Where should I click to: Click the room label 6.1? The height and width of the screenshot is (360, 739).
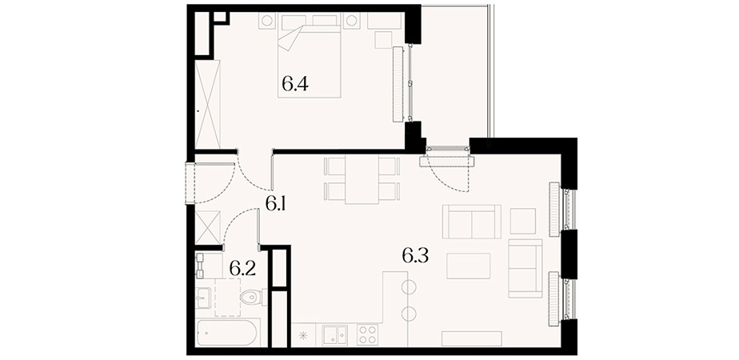pos(276,204)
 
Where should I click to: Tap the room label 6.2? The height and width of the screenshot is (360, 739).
pos(242,269)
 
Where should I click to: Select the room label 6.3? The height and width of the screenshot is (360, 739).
pos(415,256)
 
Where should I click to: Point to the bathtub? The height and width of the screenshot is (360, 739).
pos(226,333)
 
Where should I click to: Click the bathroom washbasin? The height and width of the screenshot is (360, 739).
pos(205,298)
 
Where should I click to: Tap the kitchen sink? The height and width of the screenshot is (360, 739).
pos(334,335)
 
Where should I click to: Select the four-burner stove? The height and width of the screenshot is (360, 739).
pos(367,335)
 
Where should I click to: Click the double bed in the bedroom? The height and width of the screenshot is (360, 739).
pos(310,56)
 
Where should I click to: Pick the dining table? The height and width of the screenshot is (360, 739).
pos(362,180)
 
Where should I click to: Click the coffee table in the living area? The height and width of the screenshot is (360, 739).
pos(469,266)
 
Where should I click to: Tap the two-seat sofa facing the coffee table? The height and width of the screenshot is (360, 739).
pos(472,222)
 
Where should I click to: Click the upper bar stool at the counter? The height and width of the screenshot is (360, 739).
pos(409,286)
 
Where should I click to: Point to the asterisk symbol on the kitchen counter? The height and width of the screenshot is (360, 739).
pos(303,336)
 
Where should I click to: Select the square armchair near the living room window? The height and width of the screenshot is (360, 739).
pos(523,221)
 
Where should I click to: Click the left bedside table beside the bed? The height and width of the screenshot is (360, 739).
pos(266,22)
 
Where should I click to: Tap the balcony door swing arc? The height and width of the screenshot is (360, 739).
pos(449,179)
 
